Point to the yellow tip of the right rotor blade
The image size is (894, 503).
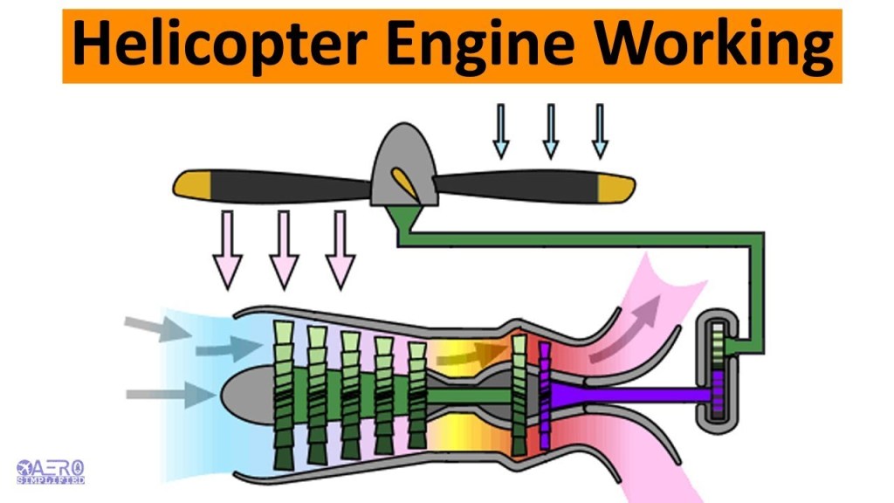[x=615, y=184]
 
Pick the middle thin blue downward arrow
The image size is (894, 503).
[x=550, y=131]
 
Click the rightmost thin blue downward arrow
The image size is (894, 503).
[x=599, y=131]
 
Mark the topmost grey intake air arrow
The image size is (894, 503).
[x=157, y=327]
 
